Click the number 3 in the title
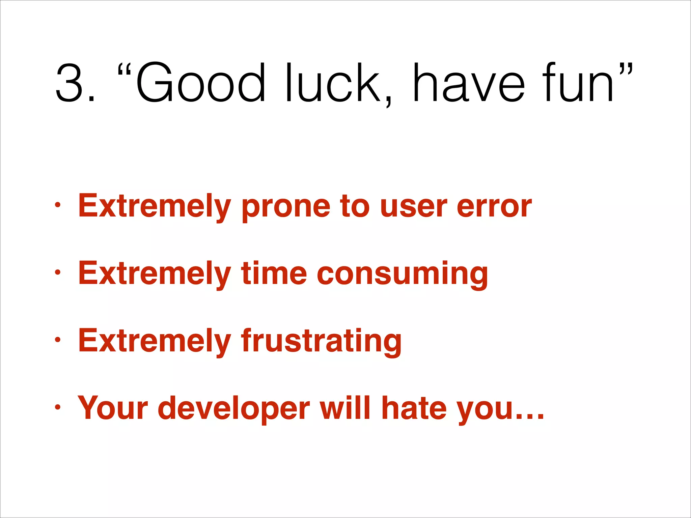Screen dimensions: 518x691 point(70,83)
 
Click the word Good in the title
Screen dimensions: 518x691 point(201,83)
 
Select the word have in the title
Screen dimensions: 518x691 point(469,83)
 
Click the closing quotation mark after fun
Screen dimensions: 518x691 point(626,69)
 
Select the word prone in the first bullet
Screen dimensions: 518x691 point(286,206)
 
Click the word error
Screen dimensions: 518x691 point(494,206)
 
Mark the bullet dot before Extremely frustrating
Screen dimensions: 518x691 point(58,340)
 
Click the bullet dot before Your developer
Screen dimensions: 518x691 point(58,407)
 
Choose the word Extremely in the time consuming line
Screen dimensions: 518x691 point(155,274)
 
